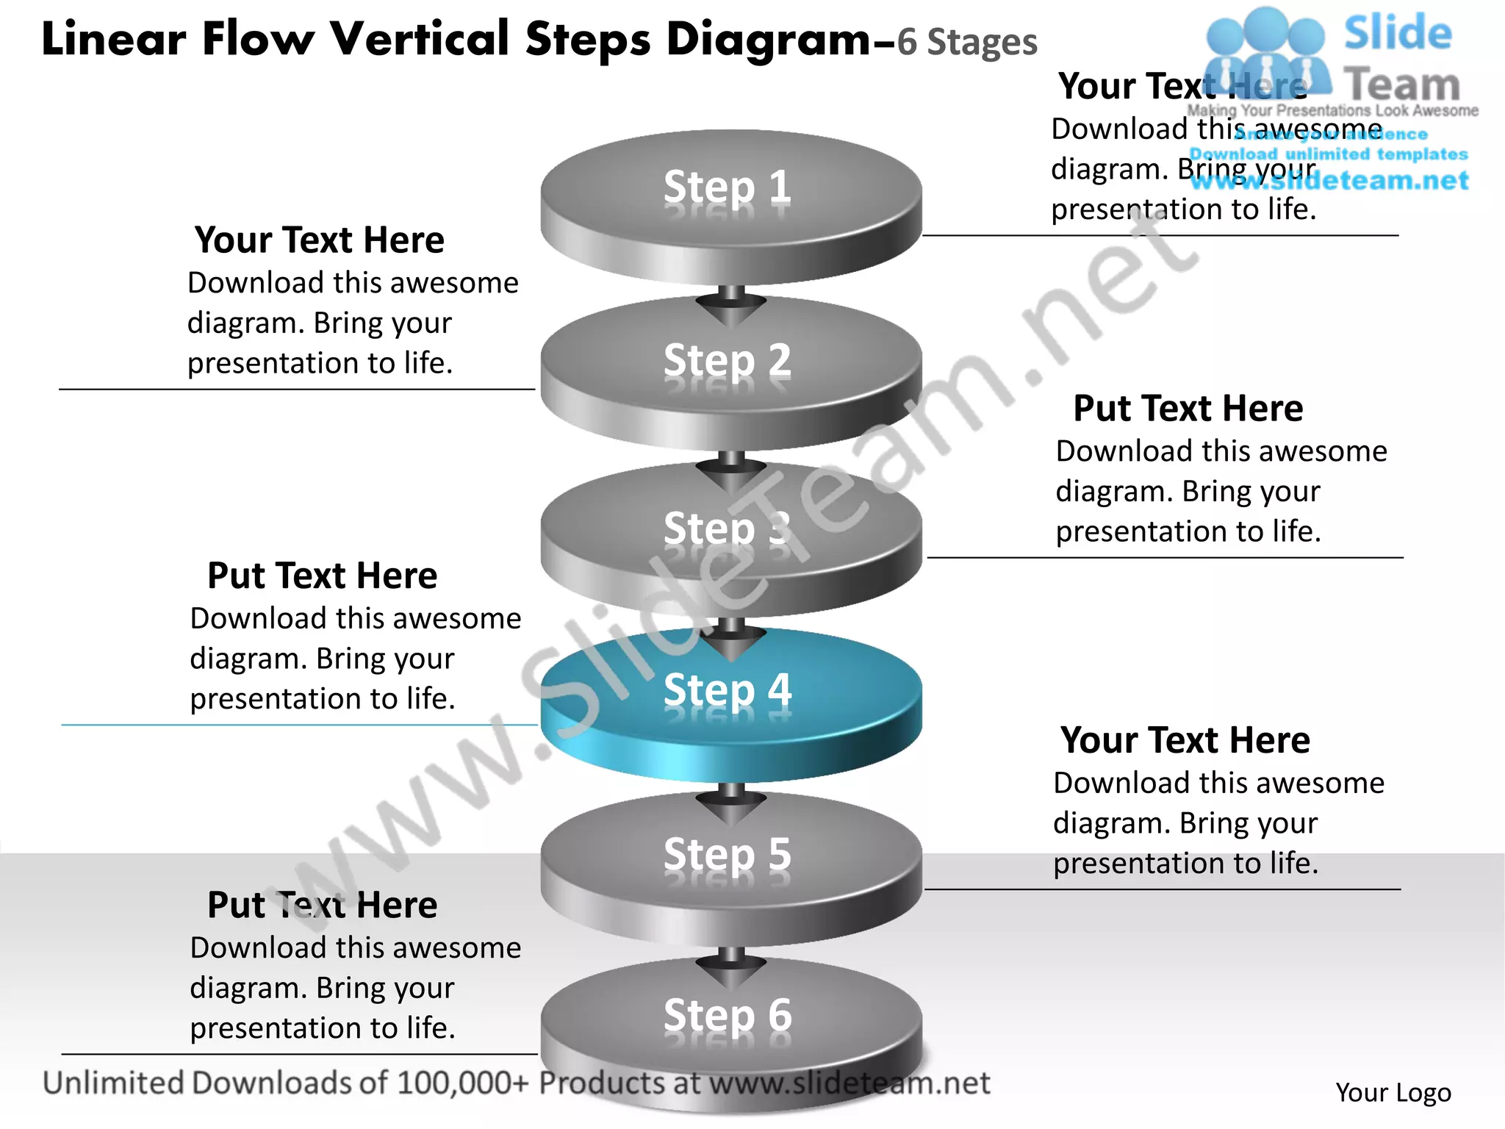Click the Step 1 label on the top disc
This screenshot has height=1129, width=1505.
pos(728,187)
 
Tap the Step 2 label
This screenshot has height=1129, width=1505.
pos(728,360)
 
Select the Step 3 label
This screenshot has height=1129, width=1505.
pos(728,528)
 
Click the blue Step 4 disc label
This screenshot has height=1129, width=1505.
pos(728,689)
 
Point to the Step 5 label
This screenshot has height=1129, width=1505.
pos(728,854)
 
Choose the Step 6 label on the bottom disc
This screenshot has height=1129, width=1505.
pos(728,1015)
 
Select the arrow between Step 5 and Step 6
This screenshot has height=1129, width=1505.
pos(731,969)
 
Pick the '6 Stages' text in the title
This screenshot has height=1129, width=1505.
pos(967,43)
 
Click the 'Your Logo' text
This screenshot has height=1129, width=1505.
pos(1393,1093)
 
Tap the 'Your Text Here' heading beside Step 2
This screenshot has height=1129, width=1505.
pos(320,240)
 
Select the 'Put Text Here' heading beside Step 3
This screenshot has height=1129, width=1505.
pos(1188,409)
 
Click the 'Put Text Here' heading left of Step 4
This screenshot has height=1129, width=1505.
pos(322,576)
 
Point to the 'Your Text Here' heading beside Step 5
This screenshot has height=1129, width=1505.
pos(1185,740)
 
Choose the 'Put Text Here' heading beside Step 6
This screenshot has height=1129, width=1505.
pos(322,905)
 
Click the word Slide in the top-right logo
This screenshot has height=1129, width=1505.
pos(1398,33)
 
